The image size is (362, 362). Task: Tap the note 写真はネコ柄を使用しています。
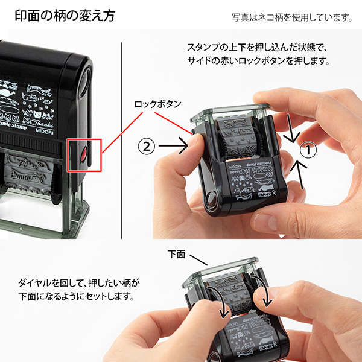[x=291, y=17]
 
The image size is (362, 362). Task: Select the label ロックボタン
[x=157, y=104]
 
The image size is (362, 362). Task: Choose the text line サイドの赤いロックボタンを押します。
[x=259, y=61]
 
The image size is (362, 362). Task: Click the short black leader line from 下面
[x=198, y=259]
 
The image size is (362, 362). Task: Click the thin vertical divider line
[x=123, y=139]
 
